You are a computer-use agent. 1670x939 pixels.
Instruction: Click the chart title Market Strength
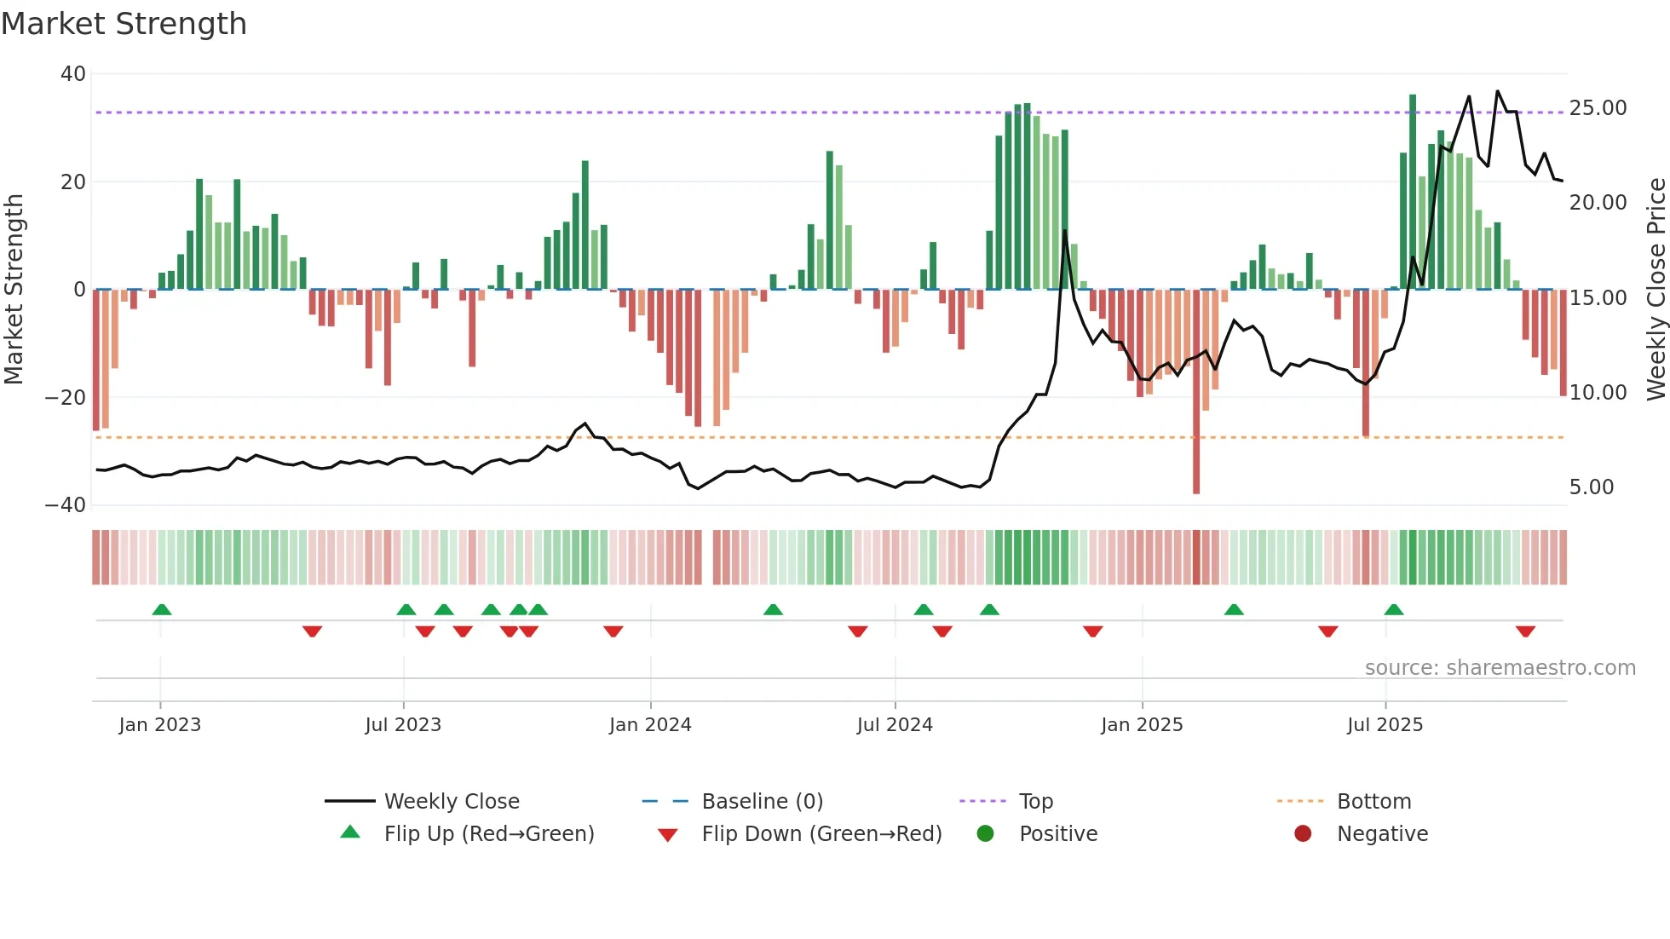124,24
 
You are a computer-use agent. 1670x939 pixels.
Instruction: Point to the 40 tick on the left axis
73,74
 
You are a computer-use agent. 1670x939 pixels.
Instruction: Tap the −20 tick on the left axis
66,397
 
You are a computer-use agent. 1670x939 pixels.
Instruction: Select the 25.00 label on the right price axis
1598,108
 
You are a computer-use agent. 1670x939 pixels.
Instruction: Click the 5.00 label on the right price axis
1591,487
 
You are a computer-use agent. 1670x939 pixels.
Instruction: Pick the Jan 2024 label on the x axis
650,725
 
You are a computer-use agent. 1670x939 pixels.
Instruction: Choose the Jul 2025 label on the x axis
1385,725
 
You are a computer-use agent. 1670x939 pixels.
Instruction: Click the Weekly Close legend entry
451,802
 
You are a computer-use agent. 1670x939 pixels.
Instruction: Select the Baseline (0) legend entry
762,802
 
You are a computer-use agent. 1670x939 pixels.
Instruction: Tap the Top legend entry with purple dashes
1035,802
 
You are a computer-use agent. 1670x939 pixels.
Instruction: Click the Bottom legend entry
1373,802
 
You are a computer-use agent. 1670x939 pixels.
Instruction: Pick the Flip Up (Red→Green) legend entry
488,834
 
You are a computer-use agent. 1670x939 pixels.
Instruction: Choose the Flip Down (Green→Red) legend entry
821,834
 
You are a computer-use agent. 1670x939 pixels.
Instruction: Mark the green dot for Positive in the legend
986,834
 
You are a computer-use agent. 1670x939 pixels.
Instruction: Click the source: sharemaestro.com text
1500,668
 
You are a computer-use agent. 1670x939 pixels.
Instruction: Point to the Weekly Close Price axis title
1656,290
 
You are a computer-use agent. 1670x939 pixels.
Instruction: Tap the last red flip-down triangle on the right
1525,631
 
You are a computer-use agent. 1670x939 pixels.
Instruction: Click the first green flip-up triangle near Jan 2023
162,609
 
